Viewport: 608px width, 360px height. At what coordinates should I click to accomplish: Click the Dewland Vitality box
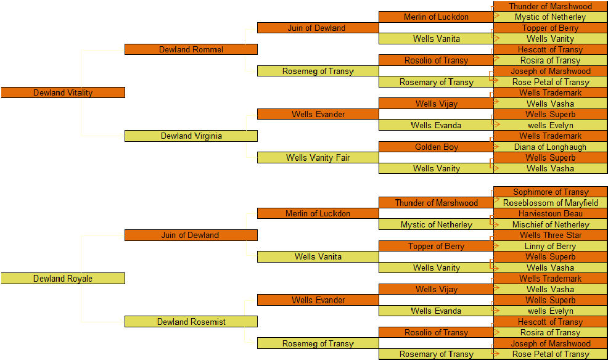[63, 92]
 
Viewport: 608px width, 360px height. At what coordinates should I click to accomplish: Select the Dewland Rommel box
[191, 49]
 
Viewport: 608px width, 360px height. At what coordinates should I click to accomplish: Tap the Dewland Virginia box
[191, 136]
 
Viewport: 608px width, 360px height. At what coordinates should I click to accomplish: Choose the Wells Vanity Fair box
[318, 158]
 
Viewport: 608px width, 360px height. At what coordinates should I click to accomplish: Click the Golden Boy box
[436, 147]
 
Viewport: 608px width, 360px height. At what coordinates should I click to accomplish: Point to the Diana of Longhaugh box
[550, 147]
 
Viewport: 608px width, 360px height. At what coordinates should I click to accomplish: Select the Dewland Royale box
[63, 279]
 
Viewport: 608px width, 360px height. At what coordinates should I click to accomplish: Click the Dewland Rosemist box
[191, 322]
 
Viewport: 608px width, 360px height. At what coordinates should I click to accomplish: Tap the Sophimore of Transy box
[550, 192]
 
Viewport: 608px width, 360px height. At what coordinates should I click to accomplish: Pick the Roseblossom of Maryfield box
[550, 203]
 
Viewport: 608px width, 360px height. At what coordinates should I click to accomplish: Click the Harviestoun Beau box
[550, 213]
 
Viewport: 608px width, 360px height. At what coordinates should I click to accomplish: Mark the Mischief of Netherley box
[550, 224]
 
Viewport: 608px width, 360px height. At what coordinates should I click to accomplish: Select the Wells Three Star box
[550, 235]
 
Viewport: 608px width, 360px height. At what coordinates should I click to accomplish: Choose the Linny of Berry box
[550, 246]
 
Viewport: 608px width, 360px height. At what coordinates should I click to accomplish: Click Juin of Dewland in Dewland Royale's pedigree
[191, 235]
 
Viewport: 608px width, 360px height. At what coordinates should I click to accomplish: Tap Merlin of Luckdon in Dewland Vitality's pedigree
[436, 17]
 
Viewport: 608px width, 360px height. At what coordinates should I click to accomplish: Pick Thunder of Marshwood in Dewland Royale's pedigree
[436, 203]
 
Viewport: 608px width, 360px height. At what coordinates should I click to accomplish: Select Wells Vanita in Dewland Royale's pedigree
[318, 256]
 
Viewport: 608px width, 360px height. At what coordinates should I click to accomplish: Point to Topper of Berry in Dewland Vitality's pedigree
[550, 28]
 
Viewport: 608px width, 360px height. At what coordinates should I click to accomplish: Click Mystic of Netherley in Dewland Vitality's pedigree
[550, 17]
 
